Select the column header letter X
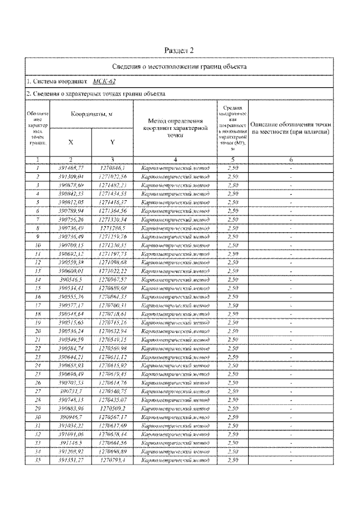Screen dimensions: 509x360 tap(70, 142)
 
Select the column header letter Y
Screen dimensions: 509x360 tap(112, 142)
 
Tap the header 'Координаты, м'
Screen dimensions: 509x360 tap(91, 114)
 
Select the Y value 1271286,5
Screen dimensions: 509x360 tap(112, 228)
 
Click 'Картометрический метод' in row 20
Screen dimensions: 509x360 tap(175, 331)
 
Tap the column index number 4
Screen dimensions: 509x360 tap(175, 160)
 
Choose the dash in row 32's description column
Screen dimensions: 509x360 tap(290, 434)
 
